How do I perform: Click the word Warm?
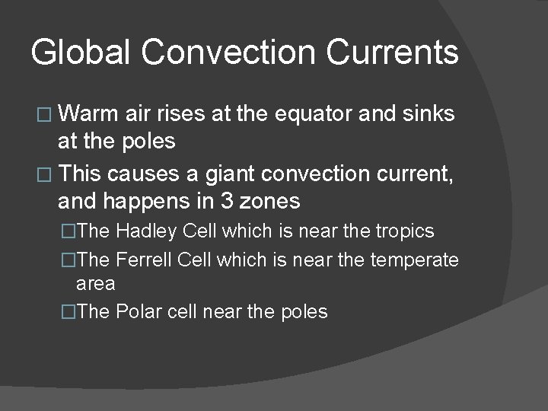coord(87,114)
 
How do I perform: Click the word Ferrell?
coord(145,260)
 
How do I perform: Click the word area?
coord(96,284)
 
